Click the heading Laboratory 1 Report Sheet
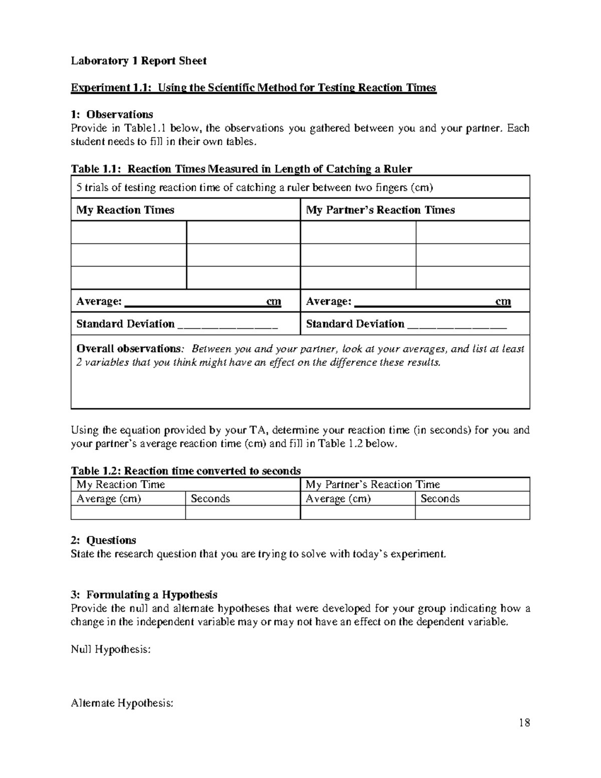point(138,61)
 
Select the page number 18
point(524,722)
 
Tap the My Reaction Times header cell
point(125,210)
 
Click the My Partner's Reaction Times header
point(380,210)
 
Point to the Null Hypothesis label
point(111,649)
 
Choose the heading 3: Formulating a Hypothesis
point(144,595)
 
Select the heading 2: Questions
point(104,540)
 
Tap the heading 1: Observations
point(112,115)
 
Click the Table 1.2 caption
point(186,471)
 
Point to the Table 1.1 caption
point(241,169)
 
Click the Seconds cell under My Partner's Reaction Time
point(440,498)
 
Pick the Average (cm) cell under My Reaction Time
point(109,498)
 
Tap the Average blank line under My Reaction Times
point(194,303)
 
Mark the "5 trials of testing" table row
point(254,188)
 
